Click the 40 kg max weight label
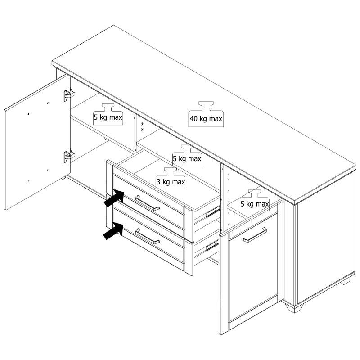[x=206, y=114]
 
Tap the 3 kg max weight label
[x=171, y=178]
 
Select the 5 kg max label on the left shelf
[x=108, y=114]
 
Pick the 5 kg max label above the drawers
[x=187, y=156]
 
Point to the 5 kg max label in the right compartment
[x=255, y=200]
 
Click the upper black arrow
[x=114, y=198]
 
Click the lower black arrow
[x=113, y=231]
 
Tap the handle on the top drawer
[x=148, y=203]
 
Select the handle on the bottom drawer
[x=148, y=236]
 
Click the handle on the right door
[x=255, y=235]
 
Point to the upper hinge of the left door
[x=69, y=95]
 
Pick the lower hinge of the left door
[x=69, y=156]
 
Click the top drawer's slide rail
[x=213, y=211]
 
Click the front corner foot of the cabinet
[x=294, y=307]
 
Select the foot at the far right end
[x=346, y=281]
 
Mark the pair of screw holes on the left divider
[x=142, y=127]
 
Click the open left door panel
[x=37, y=142]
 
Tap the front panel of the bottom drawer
[x=149, y=235]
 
